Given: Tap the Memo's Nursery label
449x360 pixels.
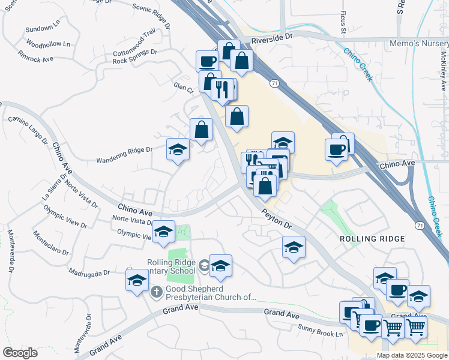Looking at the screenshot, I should [x=423, y=44].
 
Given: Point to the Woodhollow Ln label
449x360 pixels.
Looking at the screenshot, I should [x=48, y=44].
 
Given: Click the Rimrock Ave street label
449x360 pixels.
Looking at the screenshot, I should [x=36, y=56].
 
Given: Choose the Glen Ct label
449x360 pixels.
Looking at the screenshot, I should [x=182, y=88].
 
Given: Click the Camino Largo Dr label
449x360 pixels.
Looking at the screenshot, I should [x=28, y=129].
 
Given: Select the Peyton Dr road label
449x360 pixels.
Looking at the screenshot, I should [x=276, y=220].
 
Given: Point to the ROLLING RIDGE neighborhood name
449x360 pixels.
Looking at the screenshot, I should [x=372, y=238].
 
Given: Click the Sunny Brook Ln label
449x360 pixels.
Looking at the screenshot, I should [x=321, y=329].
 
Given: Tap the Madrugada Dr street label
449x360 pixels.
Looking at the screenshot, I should [x=89, y=272].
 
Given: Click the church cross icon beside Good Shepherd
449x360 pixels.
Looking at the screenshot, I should [x=157, y=292].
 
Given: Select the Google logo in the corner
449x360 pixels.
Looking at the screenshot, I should [x=20, y=352].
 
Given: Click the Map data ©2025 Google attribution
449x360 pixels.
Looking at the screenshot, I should [x=412, y=355].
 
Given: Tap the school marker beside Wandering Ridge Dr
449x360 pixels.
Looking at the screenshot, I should [x=178, y=149].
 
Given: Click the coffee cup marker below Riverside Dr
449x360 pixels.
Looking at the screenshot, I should [x=208, y=61].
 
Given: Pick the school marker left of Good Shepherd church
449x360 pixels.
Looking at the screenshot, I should [x=137, y=279].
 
